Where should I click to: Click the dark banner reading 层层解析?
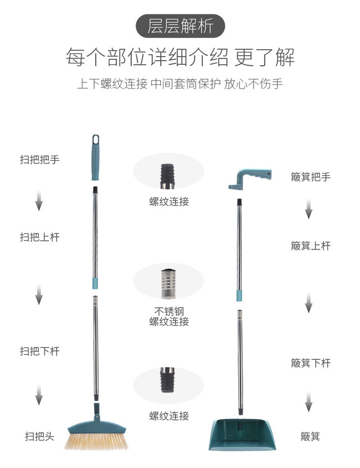(180, 26)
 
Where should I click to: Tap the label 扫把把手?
(39, 159)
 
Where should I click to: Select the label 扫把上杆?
(39, 237)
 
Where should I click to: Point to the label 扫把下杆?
(39, 351)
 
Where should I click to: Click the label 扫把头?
(39, 436)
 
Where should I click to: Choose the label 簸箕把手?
(310, 177)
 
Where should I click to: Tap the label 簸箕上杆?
(310, 245)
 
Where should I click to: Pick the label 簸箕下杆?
(310, 363)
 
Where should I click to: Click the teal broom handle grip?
(95, 158)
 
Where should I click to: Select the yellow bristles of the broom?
(96, 440)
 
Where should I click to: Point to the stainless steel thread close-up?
(168, 283)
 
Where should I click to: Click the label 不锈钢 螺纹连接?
(169, 316)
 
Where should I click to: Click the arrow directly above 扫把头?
(38, 396)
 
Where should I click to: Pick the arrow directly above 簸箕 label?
(309, 403)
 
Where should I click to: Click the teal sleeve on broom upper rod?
(96, 283)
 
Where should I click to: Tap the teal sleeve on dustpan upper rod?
(240, 295)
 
